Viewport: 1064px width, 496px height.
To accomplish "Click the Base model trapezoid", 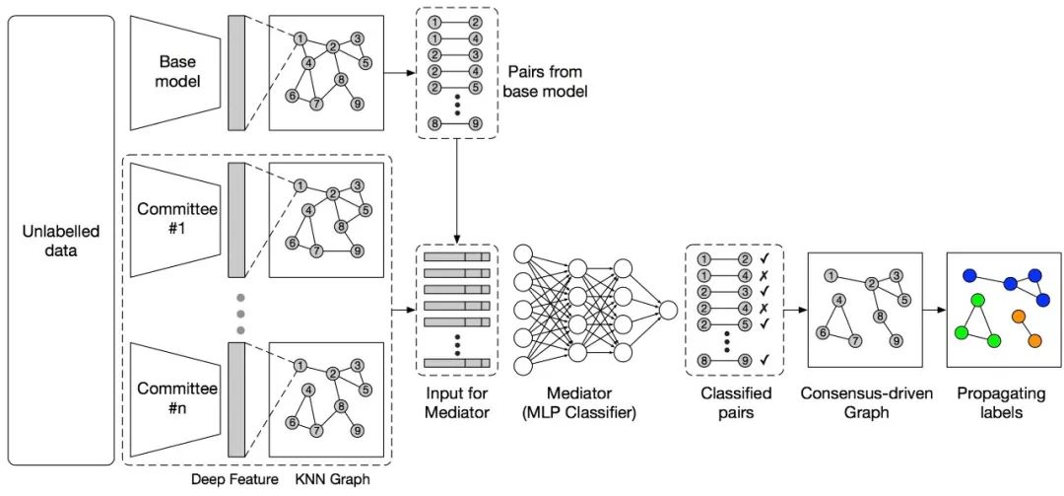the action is point(175,72).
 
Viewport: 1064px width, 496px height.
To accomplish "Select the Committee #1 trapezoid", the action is point(175,219).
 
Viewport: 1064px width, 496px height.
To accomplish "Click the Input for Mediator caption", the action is point(457,402).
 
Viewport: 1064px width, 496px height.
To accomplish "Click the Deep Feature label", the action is point(234,480).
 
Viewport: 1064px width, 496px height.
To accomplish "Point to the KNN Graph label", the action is point(333,480).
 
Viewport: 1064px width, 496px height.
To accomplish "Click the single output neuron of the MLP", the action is point(668,311).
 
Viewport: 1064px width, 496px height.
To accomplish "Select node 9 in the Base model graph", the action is point(357,105).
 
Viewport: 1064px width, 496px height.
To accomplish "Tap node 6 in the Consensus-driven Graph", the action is point(823,333).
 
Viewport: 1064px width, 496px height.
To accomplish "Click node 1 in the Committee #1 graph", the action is point(299,185).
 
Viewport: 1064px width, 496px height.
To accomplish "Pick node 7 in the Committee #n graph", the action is point(315,431).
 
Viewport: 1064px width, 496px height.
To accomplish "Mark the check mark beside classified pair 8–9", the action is point(765,361).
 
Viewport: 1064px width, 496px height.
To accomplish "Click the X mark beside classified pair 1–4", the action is point(765,276).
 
